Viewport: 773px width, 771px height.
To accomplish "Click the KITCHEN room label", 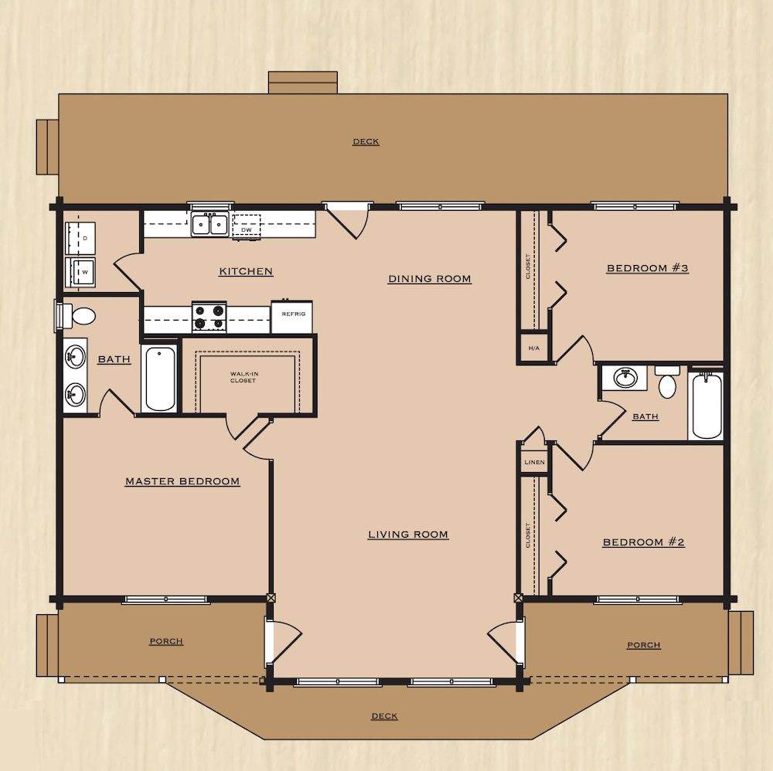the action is (246, 271).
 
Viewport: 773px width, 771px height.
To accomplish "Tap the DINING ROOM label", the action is (429, 279).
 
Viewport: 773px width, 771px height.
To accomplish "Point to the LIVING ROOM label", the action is (408, 535).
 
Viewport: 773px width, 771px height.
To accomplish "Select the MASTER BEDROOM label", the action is (182, 481).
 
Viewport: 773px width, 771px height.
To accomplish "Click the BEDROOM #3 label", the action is (647, 268).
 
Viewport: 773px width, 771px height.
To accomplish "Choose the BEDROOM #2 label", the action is (643, 542).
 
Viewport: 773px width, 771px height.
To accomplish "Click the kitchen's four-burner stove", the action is (209, 316).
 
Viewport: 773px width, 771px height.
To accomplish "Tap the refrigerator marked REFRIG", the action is (292, 317).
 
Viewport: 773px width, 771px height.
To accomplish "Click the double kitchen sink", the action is (210, 225).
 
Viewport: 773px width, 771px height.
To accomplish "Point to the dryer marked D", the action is (80, 239).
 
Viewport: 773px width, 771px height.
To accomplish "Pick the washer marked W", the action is (81, 272).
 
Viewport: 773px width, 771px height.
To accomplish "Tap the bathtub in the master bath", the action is (160, 379).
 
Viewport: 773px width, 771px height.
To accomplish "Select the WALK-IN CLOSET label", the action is (244, 377).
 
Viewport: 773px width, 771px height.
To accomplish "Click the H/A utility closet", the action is (534, 348).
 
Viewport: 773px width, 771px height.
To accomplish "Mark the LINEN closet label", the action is (534, 462).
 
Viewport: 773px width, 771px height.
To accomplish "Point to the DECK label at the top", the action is (366, 142).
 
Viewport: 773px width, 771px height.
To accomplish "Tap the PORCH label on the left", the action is (166, 641).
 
